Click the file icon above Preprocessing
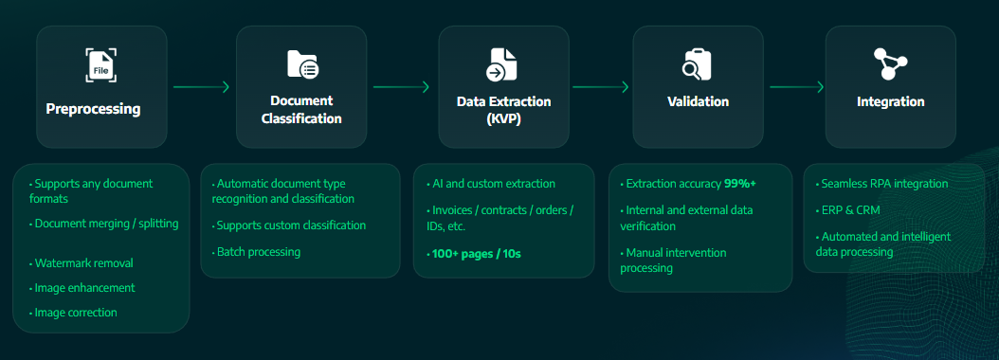100,66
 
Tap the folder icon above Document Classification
301,64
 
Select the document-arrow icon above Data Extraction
502,64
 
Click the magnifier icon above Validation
697,64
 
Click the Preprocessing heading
93,109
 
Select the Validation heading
698,101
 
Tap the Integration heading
890,101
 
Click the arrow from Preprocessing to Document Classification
201,87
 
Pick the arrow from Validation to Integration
796,87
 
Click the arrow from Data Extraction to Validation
600,87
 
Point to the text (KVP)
503,119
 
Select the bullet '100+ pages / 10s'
476,255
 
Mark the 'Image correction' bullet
76,312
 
